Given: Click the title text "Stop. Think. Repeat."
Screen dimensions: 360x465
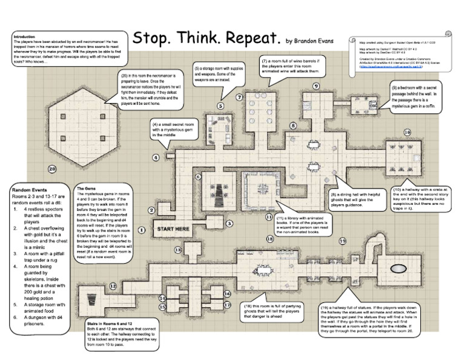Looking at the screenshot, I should point(206,38).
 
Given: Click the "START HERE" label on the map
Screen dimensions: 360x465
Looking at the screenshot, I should point(173,229).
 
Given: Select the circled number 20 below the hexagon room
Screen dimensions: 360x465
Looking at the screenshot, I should point(53,168).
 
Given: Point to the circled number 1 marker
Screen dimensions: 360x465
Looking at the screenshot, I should point(141,230).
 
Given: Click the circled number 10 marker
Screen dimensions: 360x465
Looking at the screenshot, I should point(407,132).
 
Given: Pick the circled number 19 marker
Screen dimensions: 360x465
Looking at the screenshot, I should point(342,241).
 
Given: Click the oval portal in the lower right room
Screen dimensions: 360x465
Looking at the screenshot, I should point(397,268).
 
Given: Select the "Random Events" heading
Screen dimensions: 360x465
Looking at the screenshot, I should point(30,190).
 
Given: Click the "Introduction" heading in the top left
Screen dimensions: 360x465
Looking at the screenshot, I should point(24,37).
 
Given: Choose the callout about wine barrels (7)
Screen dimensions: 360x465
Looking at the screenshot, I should point(289,66).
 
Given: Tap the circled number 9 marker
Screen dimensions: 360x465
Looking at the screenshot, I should point(316,87).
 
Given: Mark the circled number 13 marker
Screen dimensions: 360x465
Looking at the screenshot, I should point(178,249).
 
